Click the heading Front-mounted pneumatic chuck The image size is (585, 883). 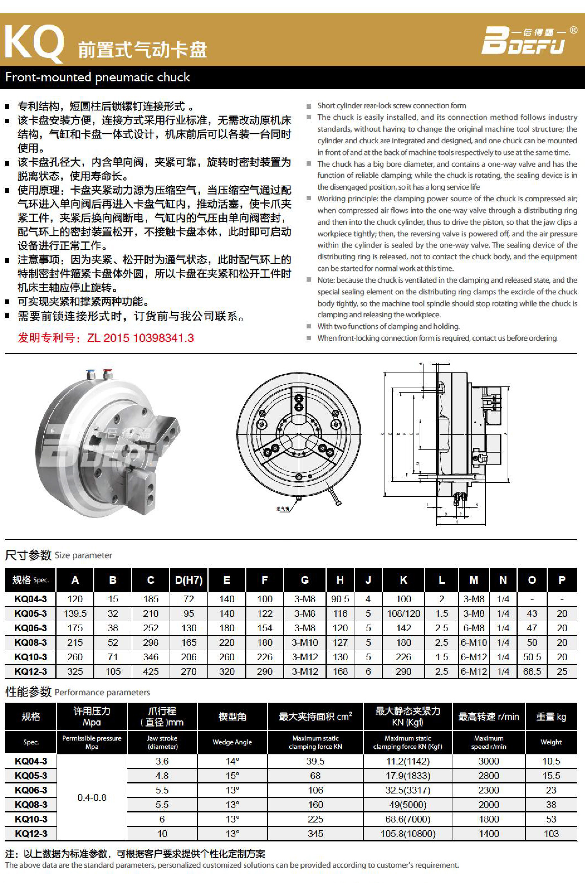(x=98, y=77)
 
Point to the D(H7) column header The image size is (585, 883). (x=189, y=580)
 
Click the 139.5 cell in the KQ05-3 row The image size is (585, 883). (x=75, y=613)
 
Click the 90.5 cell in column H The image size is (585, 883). (x=340, y=599)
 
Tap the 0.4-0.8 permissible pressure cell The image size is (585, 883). (x=92, y=797)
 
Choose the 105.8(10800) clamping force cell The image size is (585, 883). (x=408, y=833)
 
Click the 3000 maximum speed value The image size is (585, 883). (x=488, y=761)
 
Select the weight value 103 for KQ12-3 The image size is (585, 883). (x=551, y=833)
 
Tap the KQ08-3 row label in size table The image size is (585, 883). (x=31, y=642)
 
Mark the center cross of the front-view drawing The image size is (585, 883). (x=299, y=434)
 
